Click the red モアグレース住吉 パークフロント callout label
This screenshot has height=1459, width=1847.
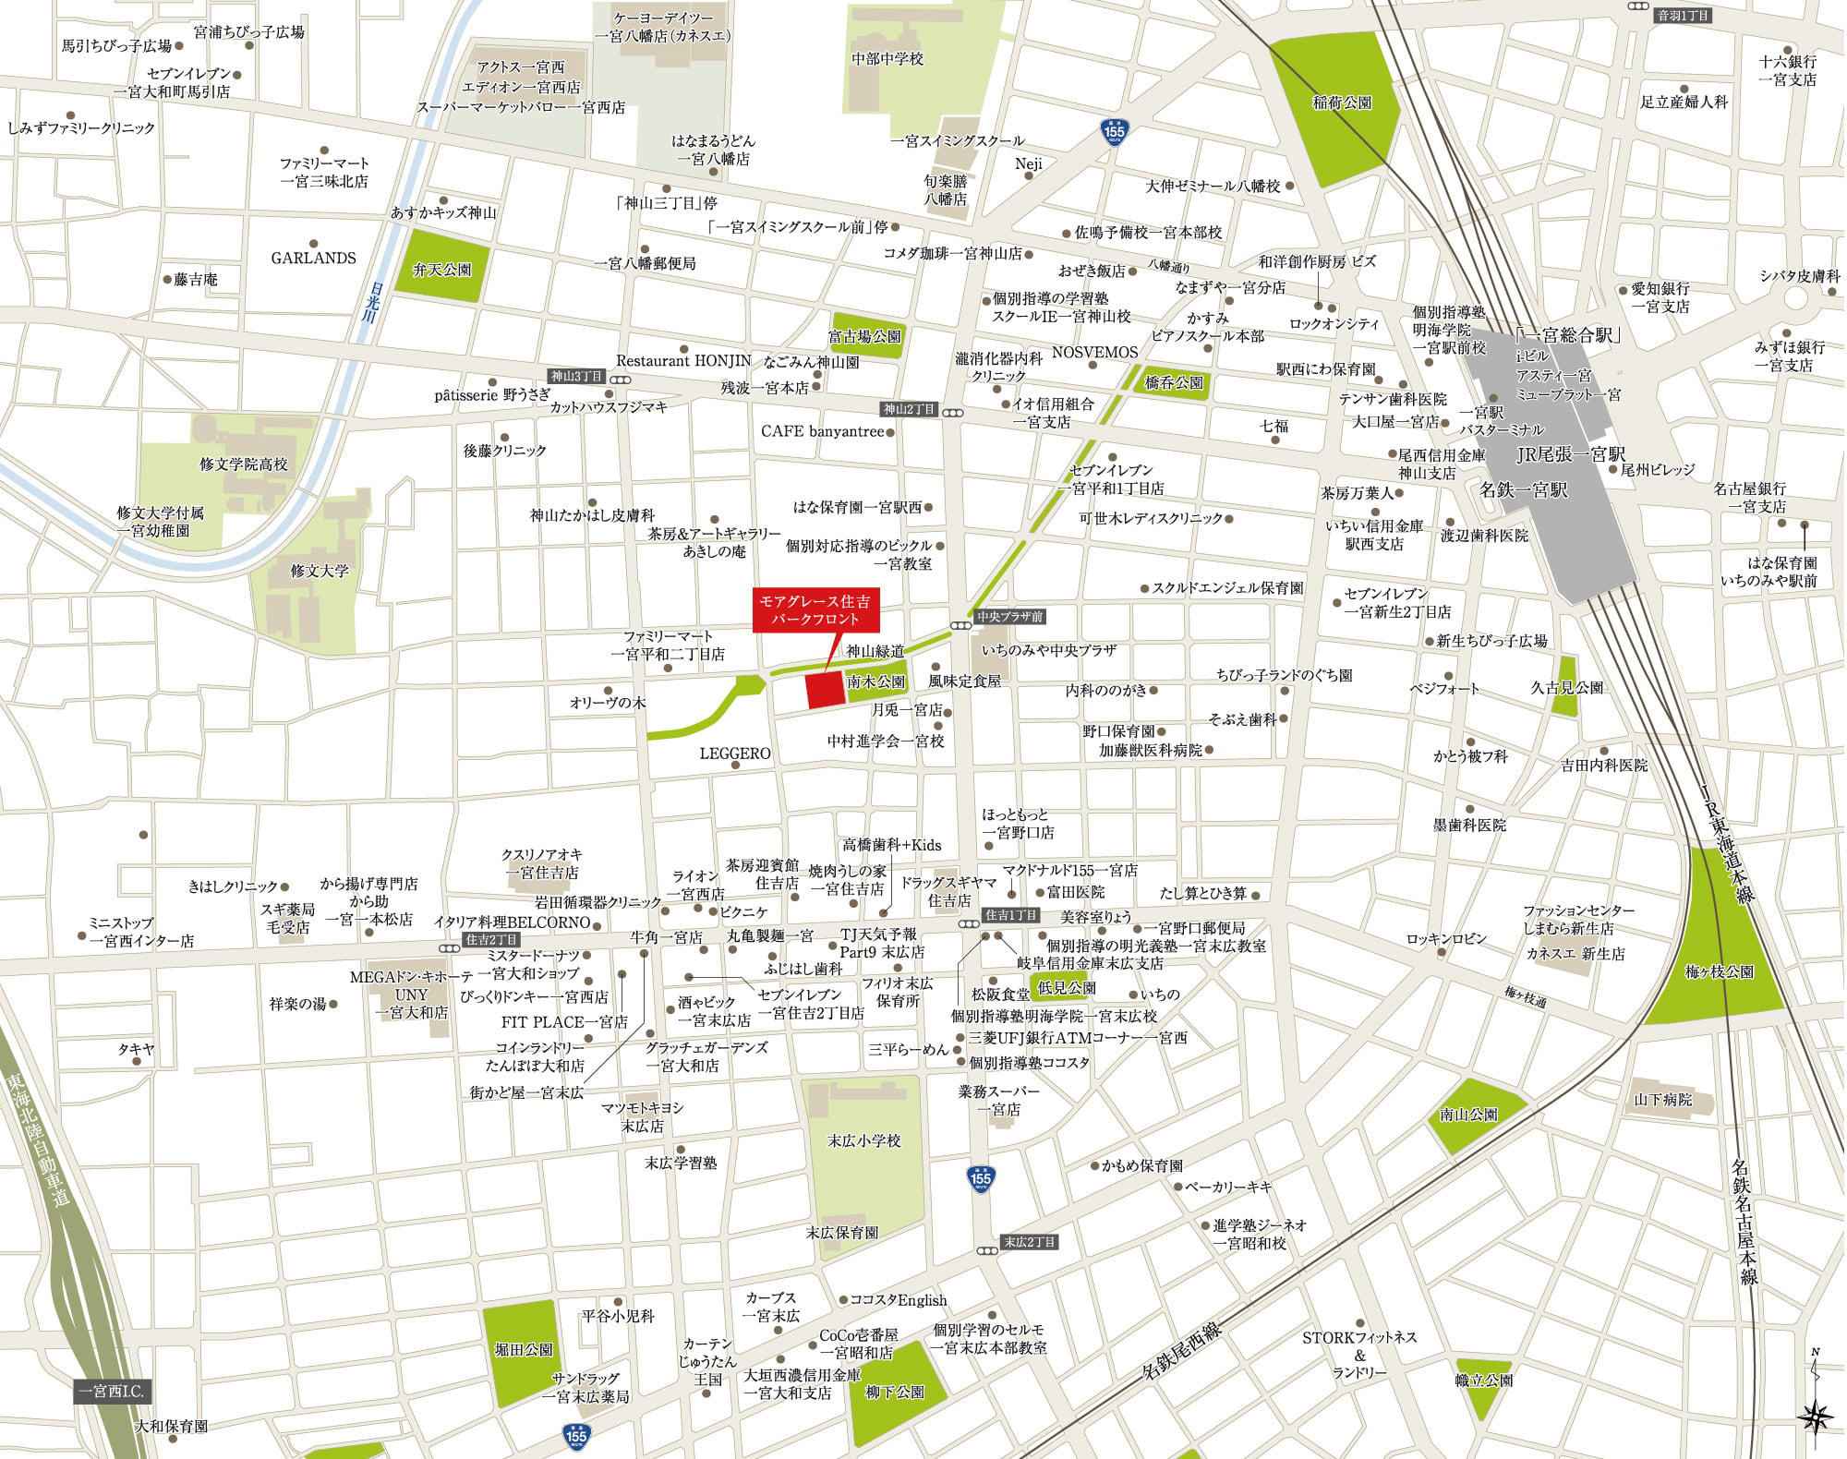[815, 610]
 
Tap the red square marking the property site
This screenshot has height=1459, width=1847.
[826, 690]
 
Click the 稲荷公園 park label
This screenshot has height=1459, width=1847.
[1342, 103]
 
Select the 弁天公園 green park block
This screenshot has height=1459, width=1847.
[441, 270]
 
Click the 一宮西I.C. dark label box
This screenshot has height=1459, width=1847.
[112, 1392]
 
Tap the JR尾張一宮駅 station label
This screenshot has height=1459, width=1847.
[1571, 454]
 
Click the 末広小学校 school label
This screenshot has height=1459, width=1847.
[863, 1141]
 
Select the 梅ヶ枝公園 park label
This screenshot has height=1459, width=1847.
[1719, 971]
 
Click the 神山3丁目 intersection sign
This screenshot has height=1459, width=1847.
[576, 377]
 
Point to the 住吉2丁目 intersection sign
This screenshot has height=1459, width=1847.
[491, 940]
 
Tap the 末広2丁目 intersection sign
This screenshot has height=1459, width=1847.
[1029, 1242]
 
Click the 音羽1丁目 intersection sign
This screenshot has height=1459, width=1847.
[1683, 16]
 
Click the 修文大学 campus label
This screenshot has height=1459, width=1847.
[320, 572]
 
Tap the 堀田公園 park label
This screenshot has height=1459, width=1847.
[524, 1349]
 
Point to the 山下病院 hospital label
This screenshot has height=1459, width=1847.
[1663, 1100]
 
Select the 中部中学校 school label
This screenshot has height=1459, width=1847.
[887, 59]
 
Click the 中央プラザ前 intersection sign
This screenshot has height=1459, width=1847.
[1010, 616]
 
